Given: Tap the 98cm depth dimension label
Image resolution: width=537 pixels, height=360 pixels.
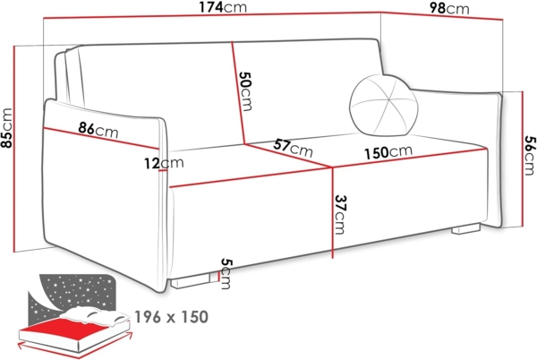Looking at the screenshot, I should (x=448, y=9).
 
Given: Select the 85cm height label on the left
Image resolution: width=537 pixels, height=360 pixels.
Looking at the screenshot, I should (x=7, y=131).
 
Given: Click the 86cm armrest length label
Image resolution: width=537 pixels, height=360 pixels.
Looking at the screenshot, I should (x=98, y=129).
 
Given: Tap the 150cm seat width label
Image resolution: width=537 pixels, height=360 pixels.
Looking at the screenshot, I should (x=388, y=152).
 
